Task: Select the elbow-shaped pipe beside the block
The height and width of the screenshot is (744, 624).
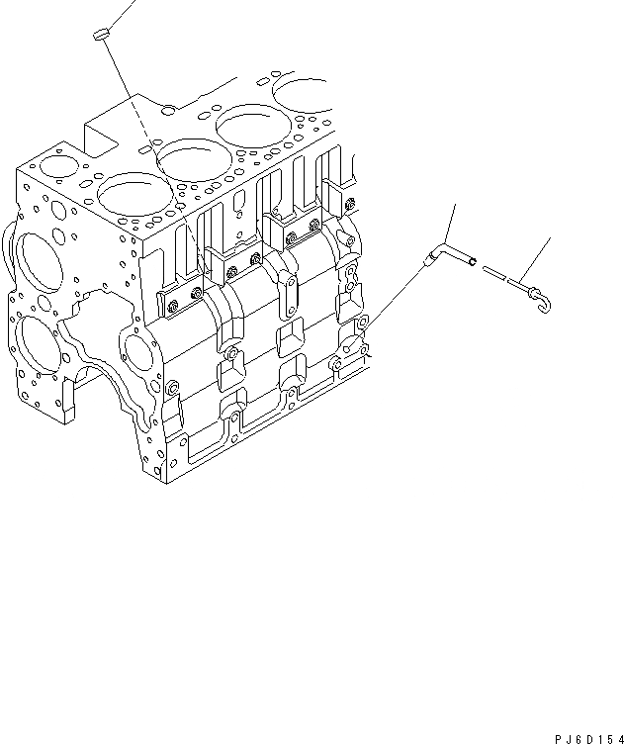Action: (450, 257)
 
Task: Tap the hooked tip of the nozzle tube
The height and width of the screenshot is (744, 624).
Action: (542, 296)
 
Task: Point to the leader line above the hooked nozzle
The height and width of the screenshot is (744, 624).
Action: (532, 262)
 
